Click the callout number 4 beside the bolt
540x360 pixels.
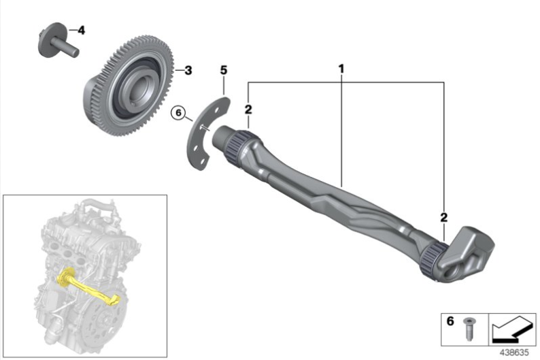pyautogui.click(x=82, y=31)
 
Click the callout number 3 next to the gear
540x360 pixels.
pyautogui.click(x=188, y=71)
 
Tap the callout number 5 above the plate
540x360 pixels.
pyautogui.click(x=224, y=70)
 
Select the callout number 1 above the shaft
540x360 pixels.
pyautogui.click(x=341, y=69)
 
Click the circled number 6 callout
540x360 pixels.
pyautogui.click(x=178, y=113)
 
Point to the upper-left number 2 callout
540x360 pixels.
pyautogui.click(x=248, y=110)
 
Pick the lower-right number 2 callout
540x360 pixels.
pyautogui.click(x=444, y=217)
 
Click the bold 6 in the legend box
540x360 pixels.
pyautogui.click(x=450, y=321)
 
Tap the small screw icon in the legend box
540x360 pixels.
pyautogui.click(x=468, y=329)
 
